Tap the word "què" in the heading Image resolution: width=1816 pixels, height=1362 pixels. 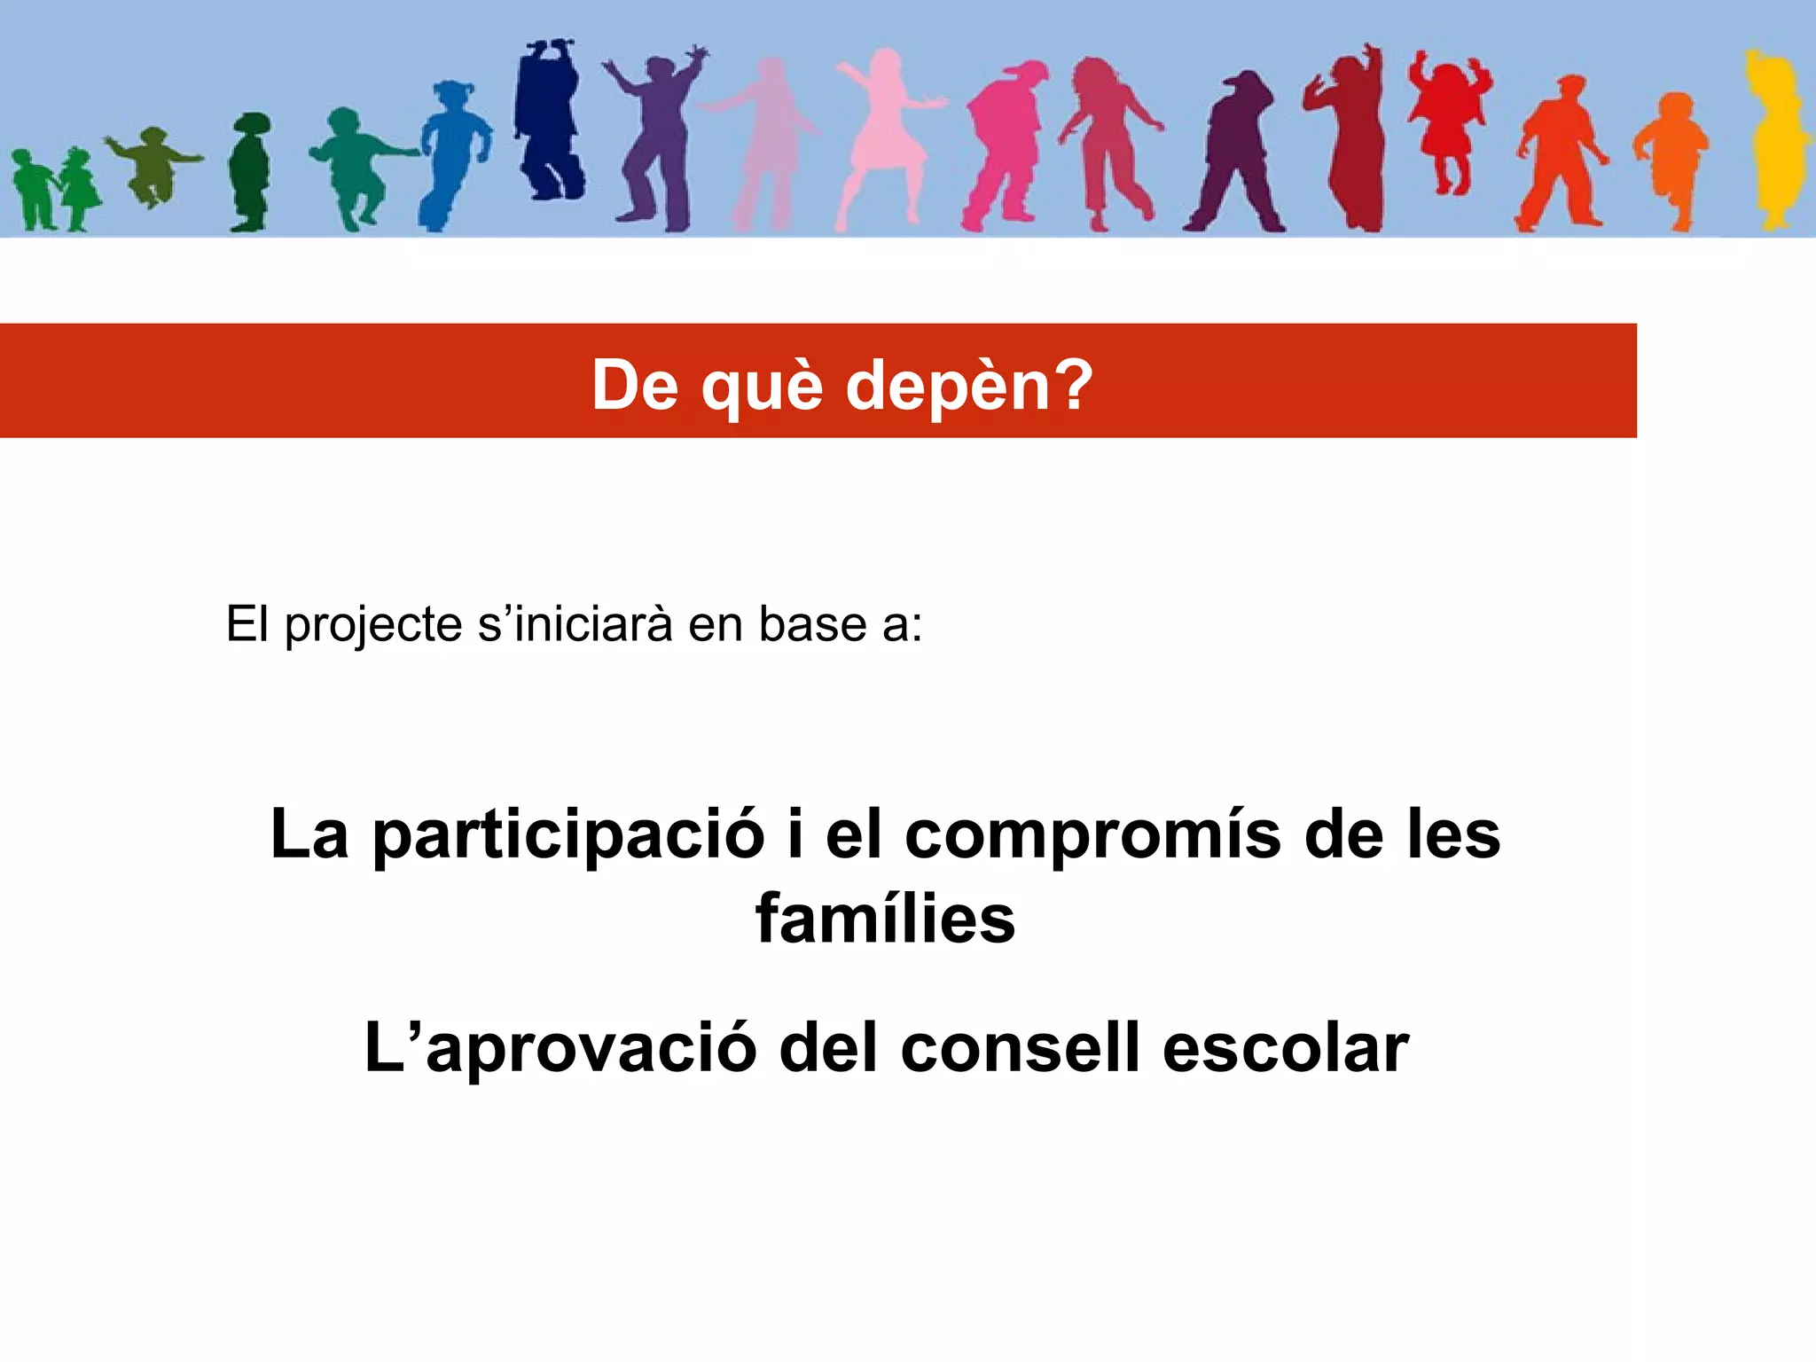[x=762, y=387]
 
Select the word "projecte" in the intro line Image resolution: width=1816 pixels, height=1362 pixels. [x=373, y=625]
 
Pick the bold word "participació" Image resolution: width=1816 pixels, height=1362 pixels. [x=568, y=836]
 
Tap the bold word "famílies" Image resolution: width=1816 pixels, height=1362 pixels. [x=885, y=919]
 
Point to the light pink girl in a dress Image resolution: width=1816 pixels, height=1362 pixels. [x=882, y=133]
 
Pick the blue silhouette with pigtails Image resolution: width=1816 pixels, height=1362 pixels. [x=454, y=151]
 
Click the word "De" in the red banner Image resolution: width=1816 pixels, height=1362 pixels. [x=635, y=387]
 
